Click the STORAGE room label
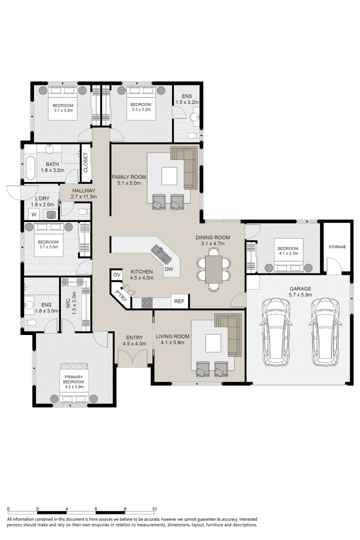point(337,247)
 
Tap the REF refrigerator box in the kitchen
point(178,301)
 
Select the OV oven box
point(117,275)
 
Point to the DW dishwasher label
point(169,269)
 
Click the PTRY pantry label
point(120,294)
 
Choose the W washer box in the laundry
point(34,214)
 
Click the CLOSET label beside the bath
point(85,163)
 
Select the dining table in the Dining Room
point(214,269)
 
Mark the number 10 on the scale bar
point(154,509)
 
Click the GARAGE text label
point(300,288)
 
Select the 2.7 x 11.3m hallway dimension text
point(83,196)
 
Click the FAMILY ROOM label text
point(128,177)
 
